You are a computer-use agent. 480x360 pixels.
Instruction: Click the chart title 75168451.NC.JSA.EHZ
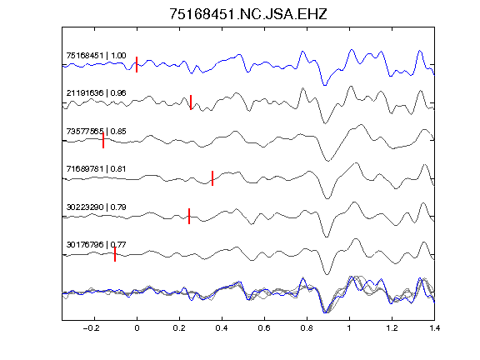pos(248,14)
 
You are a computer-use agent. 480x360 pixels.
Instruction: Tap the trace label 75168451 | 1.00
pos(96,55)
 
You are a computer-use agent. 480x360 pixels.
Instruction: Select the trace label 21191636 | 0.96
pos(96,93)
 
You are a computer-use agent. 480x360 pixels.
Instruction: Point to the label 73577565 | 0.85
pos(96,132)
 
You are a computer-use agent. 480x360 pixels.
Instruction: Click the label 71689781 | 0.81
pos(96,169)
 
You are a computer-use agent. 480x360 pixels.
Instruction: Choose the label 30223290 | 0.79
pos(96,207)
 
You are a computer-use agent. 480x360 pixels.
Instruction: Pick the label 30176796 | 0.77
pos(96,245)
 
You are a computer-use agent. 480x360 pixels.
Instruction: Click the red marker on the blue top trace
pos(137,65)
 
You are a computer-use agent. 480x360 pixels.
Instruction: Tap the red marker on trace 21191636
pos(191,102)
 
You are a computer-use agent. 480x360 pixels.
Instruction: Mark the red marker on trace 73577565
pos(103,141)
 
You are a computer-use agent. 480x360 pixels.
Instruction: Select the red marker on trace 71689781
pos(212,178)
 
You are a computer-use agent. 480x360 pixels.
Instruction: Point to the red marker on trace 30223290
pos(189,216)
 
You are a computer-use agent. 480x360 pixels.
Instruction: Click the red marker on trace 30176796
pos(115,254)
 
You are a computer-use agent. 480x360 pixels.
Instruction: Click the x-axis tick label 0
pos(137,328)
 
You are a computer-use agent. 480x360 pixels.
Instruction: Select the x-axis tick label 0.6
pos(264,328)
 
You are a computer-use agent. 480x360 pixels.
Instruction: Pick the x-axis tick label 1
pos(349,328)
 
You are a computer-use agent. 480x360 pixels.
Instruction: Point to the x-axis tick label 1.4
pos(434,328)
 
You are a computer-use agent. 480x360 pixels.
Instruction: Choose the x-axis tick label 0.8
pos(307,328)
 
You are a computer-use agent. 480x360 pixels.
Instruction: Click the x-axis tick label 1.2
pos(392,328)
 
